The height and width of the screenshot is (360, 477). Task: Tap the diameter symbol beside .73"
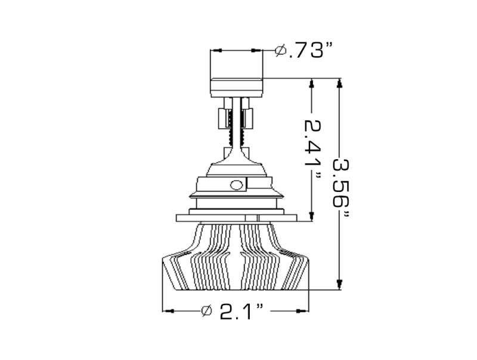coord(280,51)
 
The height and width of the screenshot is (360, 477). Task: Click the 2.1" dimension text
coord(241,311)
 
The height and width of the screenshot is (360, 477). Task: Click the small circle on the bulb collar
coord(236,184)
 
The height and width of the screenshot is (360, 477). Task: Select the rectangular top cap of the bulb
coord(236,83)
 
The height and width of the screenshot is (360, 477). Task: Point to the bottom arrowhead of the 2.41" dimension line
coord(310,216)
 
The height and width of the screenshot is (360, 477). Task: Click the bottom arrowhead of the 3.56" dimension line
coord(339,284)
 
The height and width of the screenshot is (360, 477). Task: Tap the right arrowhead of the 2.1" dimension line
coord(305,311)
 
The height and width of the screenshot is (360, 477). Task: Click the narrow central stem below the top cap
coord(236,122)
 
